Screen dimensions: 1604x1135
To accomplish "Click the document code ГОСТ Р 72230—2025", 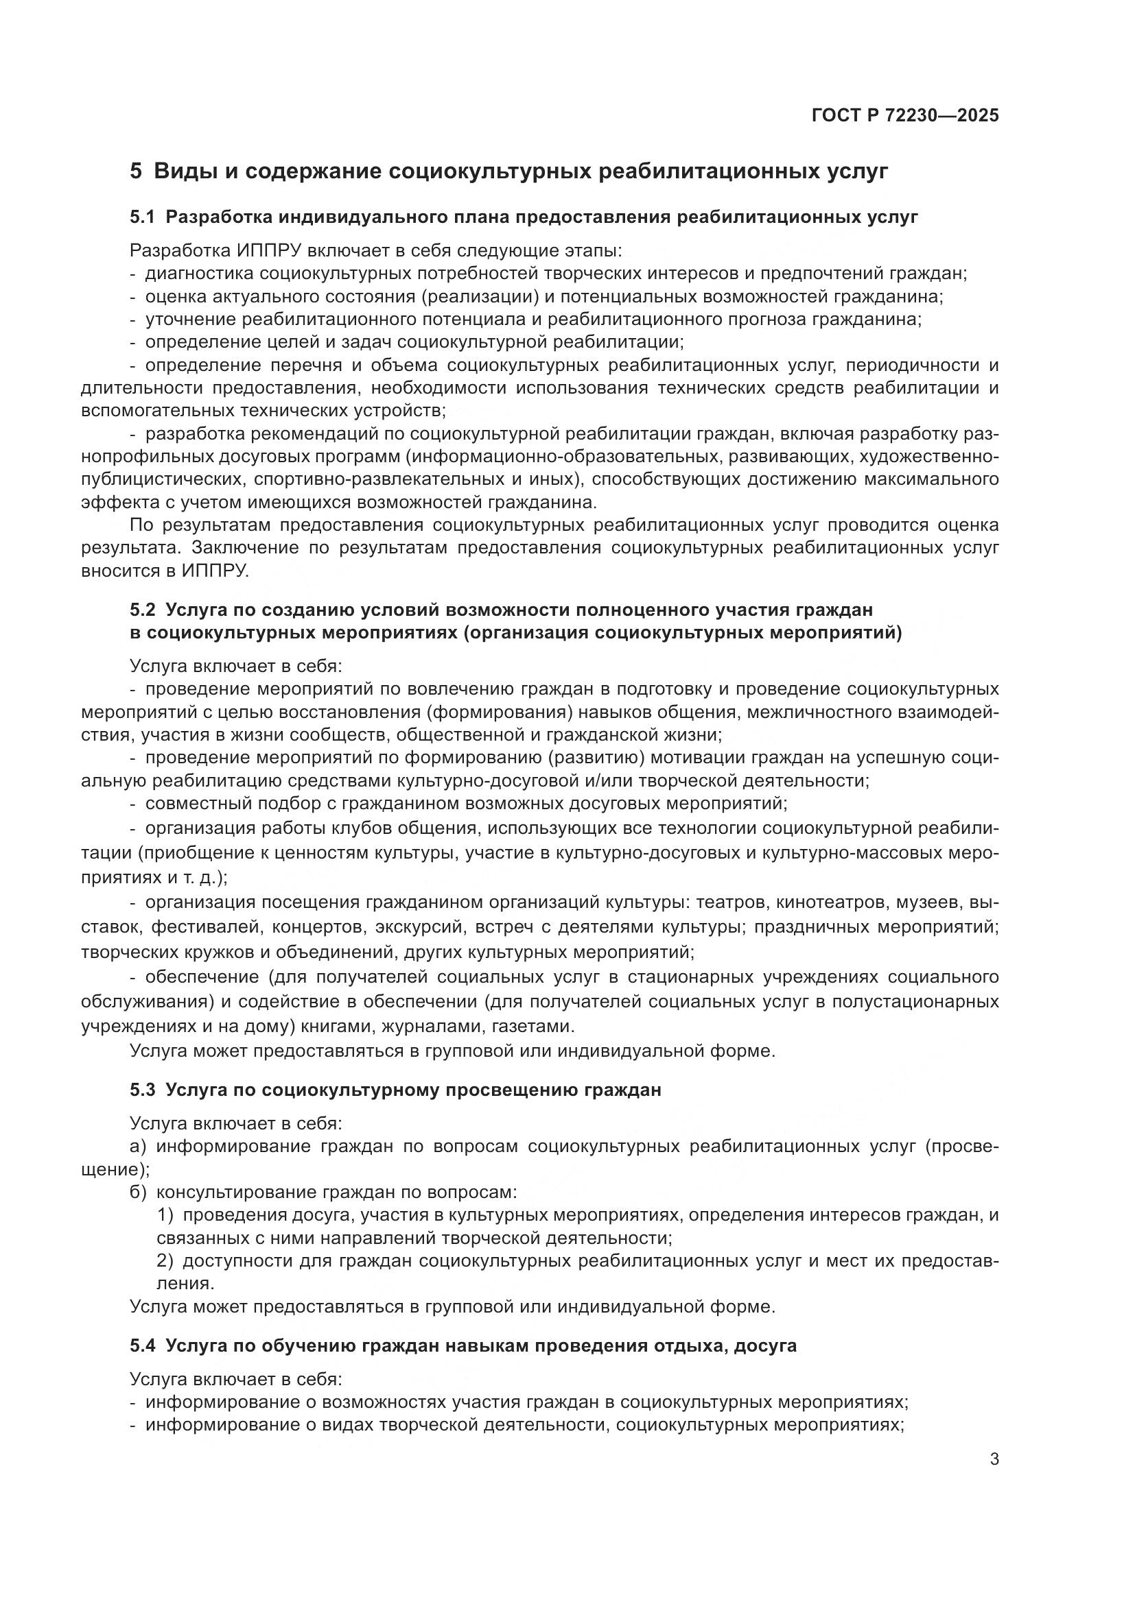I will pyautogui.click(x=905, y=115).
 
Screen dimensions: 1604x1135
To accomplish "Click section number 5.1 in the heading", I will pyautogui.click(x=142, y=217).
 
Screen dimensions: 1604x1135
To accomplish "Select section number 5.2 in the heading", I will pyautogui.click(x=142, y=610).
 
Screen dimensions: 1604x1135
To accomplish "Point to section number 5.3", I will pyautogui.click(x=142, y=1090).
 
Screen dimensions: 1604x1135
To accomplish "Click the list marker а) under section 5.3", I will pyautogui.click(x=139, y=1147).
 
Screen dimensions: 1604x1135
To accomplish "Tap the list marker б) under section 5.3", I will pyautogui.click(x=139, y=1192).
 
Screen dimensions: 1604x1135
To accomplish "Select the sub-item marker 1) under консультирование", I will pyautogui.click(x=165, y=1215).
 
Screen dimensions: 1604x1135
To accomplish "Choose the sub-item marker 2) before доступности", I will pyautogui.click(x=165, y=1261).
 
